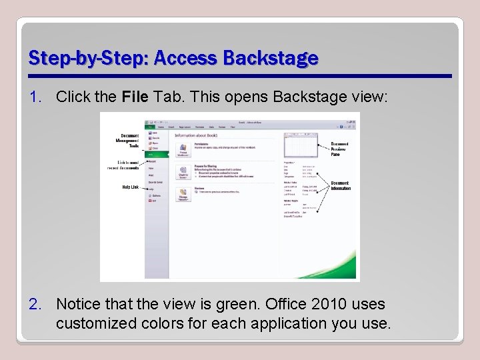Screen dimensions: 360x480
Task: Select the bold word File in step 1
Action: coord(137,97)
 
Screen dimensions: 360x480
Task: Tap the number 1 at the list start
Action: coord(35,97)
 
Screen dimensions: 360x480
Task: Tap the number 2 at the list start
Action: coord(35,304)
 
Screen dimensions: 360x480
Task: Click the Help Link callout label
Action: coord(130,187)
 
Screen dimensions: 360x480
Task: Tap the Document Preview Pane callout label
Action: coord(339,149)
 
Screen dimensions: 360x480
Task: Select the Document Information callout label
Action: coord(340,185)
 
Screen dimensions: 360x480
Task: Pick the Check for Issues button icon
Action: coord(183,173)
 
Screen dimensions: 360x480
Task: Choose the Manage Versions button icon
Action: coord(183,195)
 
